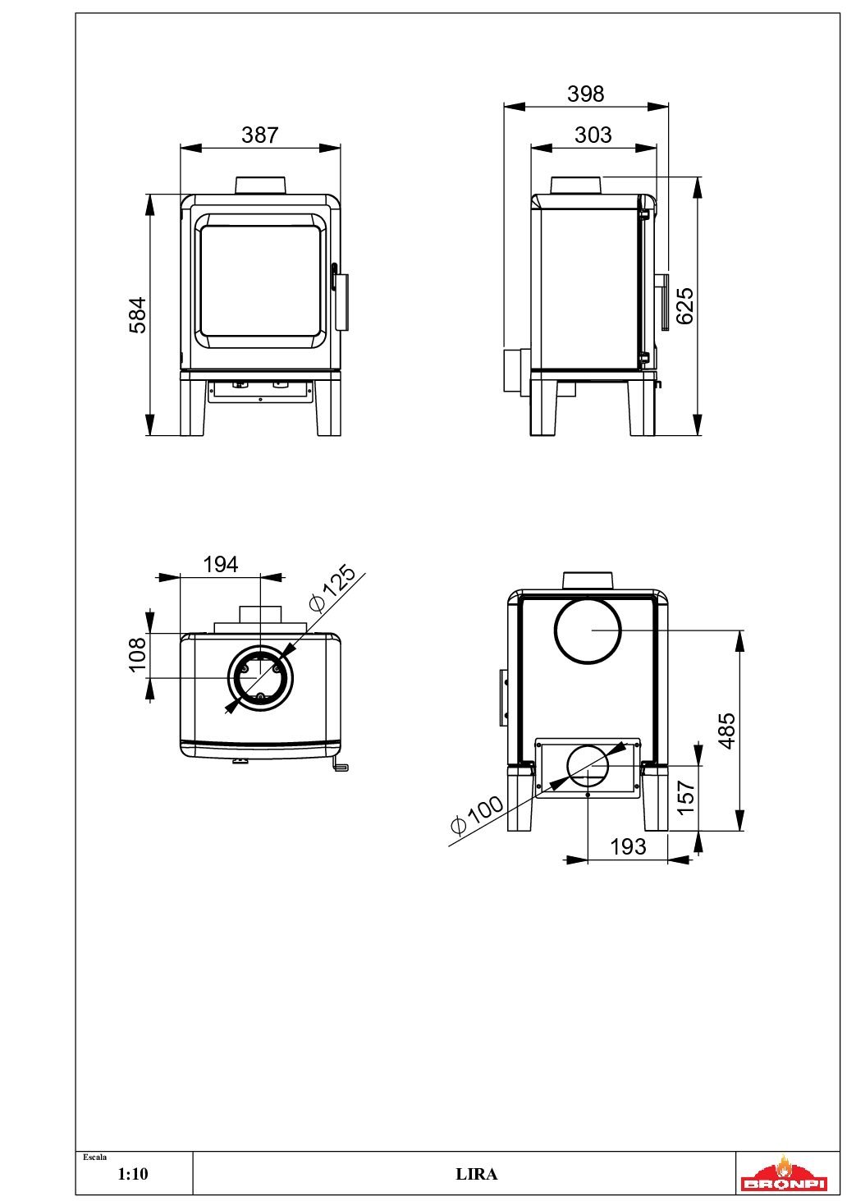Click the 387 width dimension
pos(260,135)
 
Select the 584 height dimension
pos(138,314)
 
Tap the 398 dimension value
pos(585,94)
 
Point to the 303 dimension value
pos(593,135)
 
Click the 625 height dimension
pos(684,305)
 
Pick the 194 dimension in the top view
pos(220,565)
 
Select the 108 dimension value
pos(137,654)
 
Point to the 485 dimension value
pos(727,731)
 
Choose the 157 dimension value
pos(686,797)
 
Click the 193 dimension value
pos(628,846)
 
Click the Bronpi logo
pos(784,1174)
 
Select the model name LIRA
pos(476,1175)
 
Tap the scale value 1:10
pos(133,1175)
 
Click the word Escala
pos(95,1157)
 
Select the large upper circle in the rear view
pos(588,630)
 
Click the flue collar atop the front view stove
pos(261,186)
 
